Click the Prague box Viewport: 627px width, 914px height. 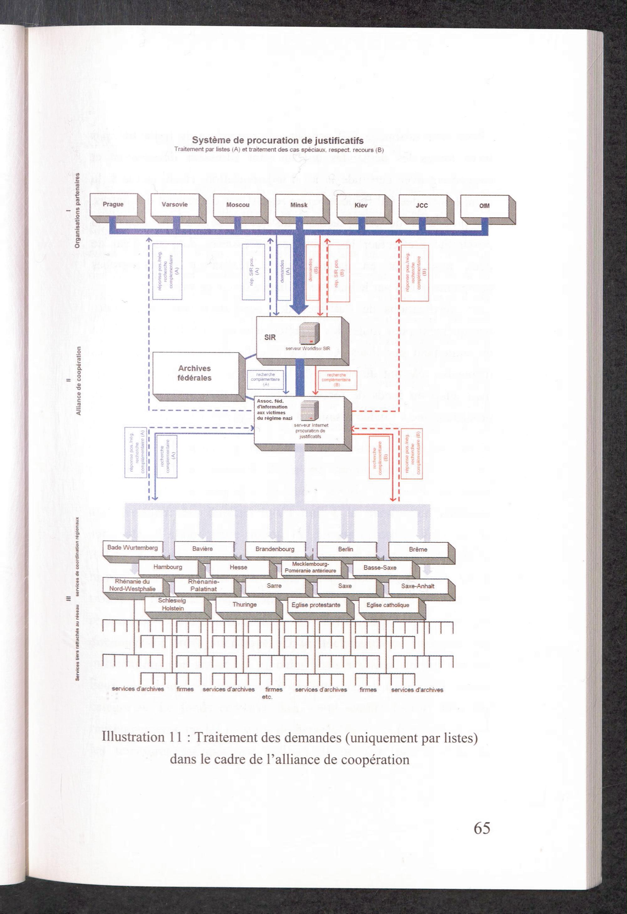point(113,205)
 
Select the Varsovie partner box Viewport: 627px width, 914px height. point(175,205)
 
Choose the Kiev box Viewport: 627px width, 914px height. point(361,205)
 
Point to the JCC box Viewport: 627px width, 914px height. point(422,206)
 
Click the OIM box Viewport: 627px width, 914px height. point(484,206)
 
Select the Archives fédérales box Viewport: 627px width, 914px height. point(195,373)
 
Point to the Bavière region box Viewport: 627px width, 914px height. point(203,549)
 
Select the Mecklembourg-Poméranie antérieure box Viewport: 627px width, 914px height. point(311,567)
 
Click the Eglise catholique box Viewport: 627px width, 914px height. point(387,605)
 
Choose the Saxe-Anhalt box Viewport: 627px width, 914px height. point(418,586)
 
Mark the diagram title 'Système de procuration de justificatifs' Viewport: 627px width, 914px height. point(277,141)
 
